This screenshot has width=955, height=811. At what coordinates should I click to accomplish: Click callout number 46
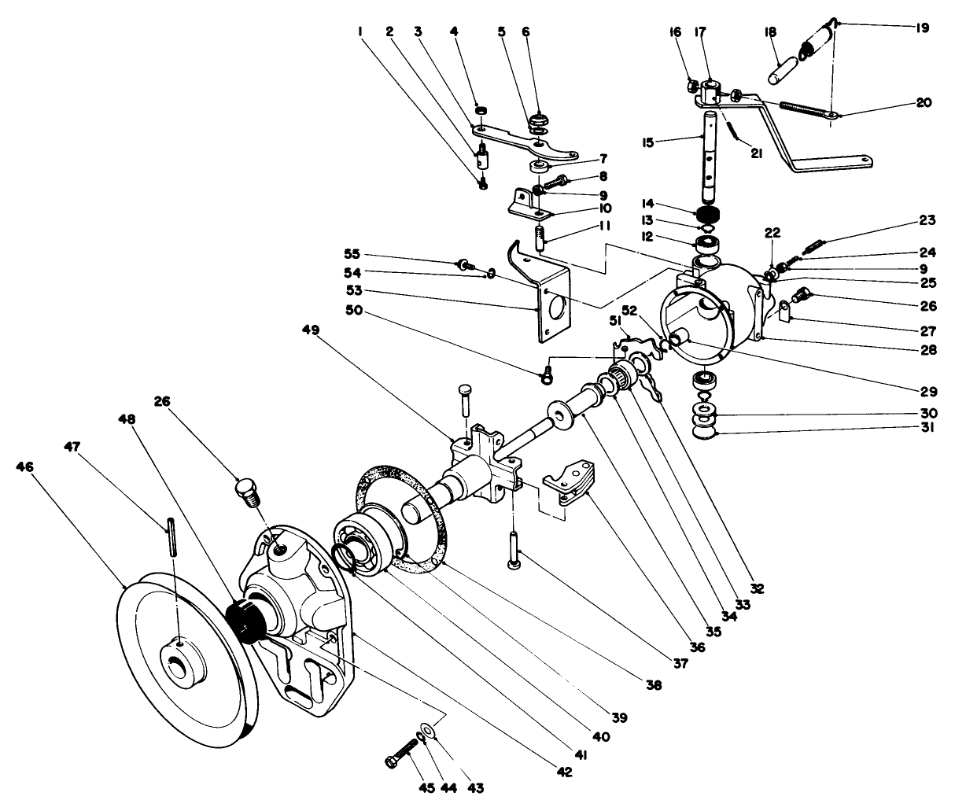click(x=25, y=467)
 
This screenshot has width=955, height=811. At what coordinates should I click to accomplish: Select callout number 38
click(x=654, y=684)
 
